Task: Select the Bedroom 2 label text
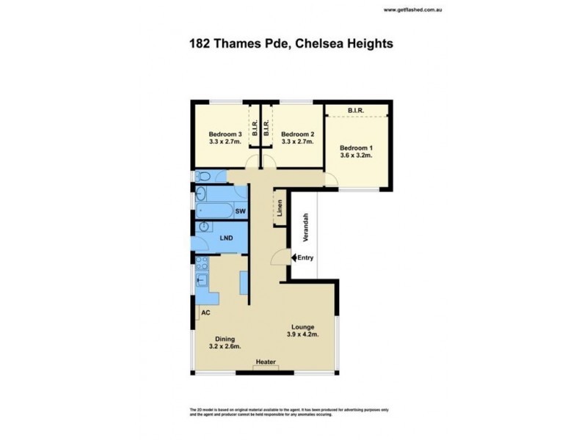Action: click(297, 134)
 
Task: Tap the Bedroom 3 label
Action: click(225, 134)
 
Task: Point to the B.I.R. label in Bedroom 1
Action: click(357, 111)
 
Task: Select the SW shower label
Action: click(240, 211)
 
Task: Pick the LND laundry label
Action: click(227, 238)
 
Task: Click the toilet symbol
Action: click(204, 177)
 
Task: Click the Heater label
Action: click(265, 362)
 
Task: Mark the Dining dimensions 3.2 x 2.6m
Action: click(225, 347)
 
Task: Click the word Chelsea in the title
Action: click(321, 44)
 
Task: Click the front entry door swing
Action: click(277, 256)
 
